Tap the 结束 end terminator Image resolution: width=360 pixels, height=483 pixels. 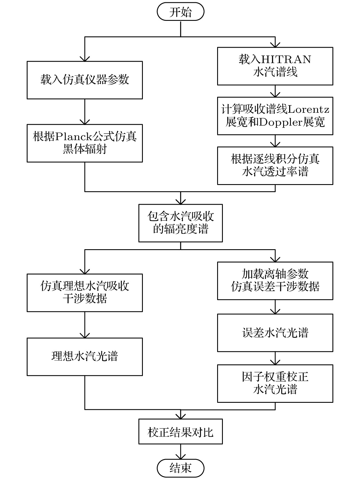pos(181,468)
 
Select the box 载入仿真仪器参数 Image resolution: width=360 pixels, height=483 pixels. pos(85,80)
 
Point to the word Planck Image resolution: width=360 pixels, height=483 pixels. pos(72,137)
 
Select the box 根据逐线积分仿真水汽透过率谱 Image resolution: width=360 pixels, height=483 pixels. pos(275,166)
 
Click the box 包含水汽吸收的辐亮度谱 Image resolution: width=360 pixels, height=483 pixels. pos(181,223)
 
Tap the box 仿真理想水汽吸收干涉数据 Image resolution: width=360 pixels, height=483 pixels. pos(85,293)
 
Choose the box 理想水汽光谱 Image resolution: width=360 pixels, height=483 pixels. pos(85,357)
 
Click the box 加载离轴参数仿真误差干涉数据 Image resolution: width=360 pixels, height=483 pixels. pos(275,281)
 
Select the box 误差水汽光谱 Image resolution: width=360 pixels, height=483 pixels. pos(275,333)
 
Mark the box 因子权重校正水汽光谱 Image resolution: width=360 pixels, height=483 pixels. pos(275,383)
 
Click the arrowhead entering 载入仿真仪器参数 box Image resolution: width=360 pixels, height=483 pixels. pos(85,59)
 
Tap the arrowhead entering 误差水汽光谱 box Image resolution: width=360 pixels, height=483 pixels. pos(275,311)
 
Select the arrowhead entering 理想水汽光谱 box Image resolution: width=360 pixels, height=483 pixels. pos(85,335)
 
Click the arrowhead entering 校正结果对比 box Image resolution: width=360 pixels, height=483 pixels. pos(181,416)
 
